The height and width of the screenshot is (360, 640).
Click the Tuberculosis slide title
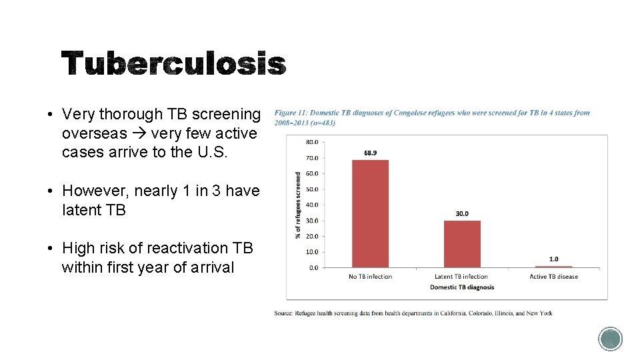(x=173, y=65)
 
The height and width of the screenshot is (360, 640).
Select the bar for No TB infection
(x=370, y=213)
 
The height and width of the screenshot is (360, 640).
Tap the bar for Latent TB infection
(x=462, y=244)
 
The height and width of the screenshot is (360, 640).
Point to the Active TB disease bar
(x=553, y=266)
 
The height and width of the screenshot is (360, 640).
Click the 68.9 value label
(x=371, y=153)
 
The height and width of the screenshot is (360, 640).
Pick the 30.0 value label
(x=462, y=214)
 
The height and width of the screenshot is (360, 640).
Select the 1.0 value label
(x=553, y=259)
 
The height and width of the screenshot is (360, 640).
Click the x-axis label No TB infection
(x=370, y=277)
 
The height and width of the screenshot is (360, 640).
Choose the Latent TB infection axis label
(x=462, y=277)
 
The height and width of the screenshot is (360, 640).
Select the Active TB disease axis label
(x=553, y=277)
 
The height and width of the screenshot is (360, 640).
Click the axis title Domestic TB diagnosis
(x=462, y=287)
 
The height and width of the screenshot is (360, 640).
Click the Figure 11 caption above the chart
(x=432, y=117)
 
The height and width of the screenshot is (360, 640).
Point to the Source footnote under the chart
(x=413, y=313)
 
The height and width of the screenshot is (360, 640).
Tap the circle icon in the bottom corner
(x=610, y=339)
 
